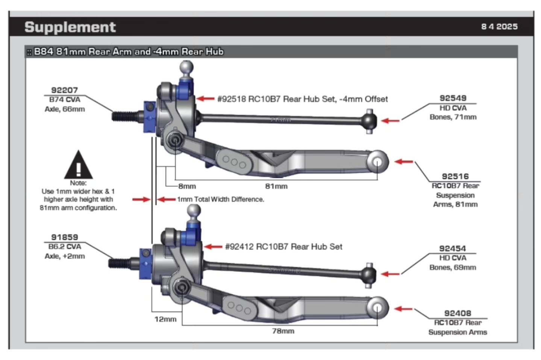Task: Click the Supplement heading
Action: (x=70, y=27)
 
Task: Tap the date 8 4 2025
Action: (x=499, y=27)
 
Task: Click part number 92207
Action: (x=64, y=90)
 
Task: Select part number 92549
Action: (x=453, y=98)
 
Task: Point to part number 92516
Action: (x=455, y=176)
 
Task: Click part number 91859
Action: (x=64, y=237)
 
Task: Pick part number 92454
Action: (x=452, y=249)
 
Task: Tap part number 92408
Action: (x=457, y=313)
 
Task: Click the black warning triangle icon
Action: (x=78, y=166)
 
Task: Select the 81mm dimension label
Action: (x=276, y=186)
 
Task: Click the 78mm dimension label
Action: (x=283, y=331)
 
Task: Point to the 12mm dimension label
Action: (x=165, y=319)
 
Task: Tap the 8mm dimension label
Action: (x=187, y=186)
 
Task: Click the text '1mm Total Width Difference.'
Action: (x=221, y=199)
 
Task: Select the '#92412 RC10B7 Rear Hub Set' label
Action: (x=283, y=247)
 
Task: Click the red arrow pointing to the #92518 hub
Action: (x=206, y=99)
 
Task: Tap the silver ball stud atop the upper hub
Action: (x=186, y=68)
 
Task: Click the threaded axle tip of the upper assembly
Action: (x=122, y=115)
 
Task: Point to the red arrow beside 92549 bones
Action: (x=390, y=121)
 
